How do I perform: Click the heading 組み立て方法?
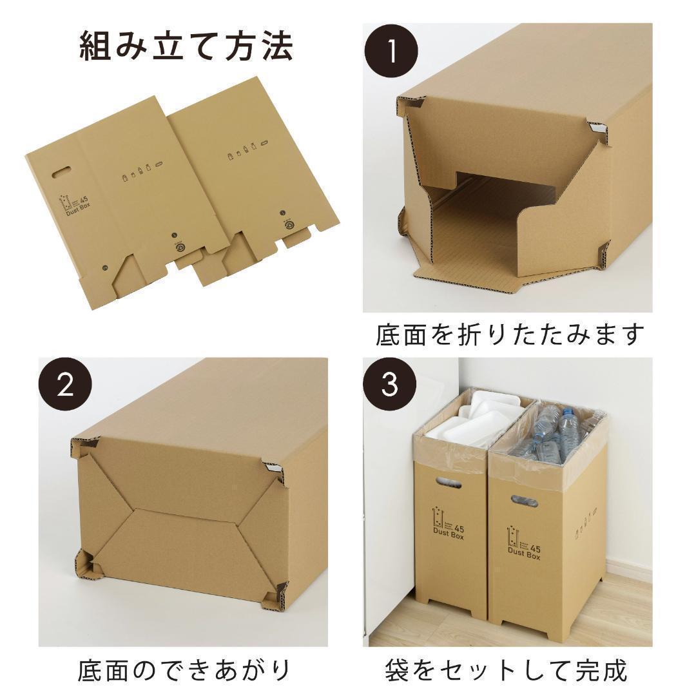point(186,46)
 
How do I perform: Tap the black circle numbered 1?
point(391,52)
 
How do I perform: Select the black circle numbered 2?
point(65,385)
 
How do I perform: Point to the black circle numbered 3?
point(391,385)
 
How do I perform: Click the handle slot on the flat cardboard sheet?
point(59,172)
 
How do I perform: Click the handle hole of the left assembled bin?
point(449,482)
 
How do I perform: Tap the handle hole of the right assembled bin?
point(524,500)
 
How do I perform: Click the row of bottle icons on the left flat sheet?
point(140,173)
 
